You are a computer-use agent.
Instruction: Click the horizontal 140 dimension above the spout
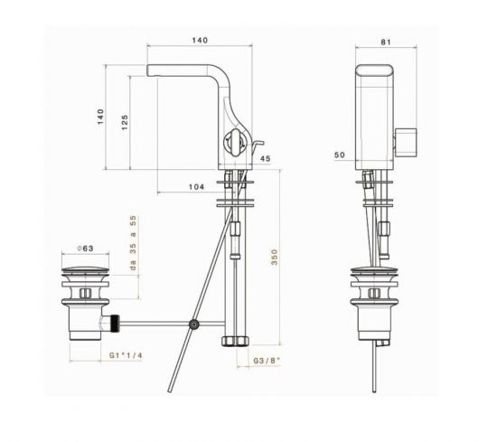pyautogui.click(x=200, y=41)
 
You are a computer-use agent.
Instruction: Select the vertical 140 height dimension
pyautogui.click(x=102, y=117)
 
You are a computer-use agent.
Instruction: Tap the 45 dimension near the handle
pyautogui.click(x=265, y=160)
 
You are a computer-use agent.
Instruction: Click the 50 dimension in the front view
pyautogui.click(x=340, y=155)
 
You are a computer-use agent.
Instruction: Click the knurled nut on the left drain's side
pyautogui.click(x=116, y=321)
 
